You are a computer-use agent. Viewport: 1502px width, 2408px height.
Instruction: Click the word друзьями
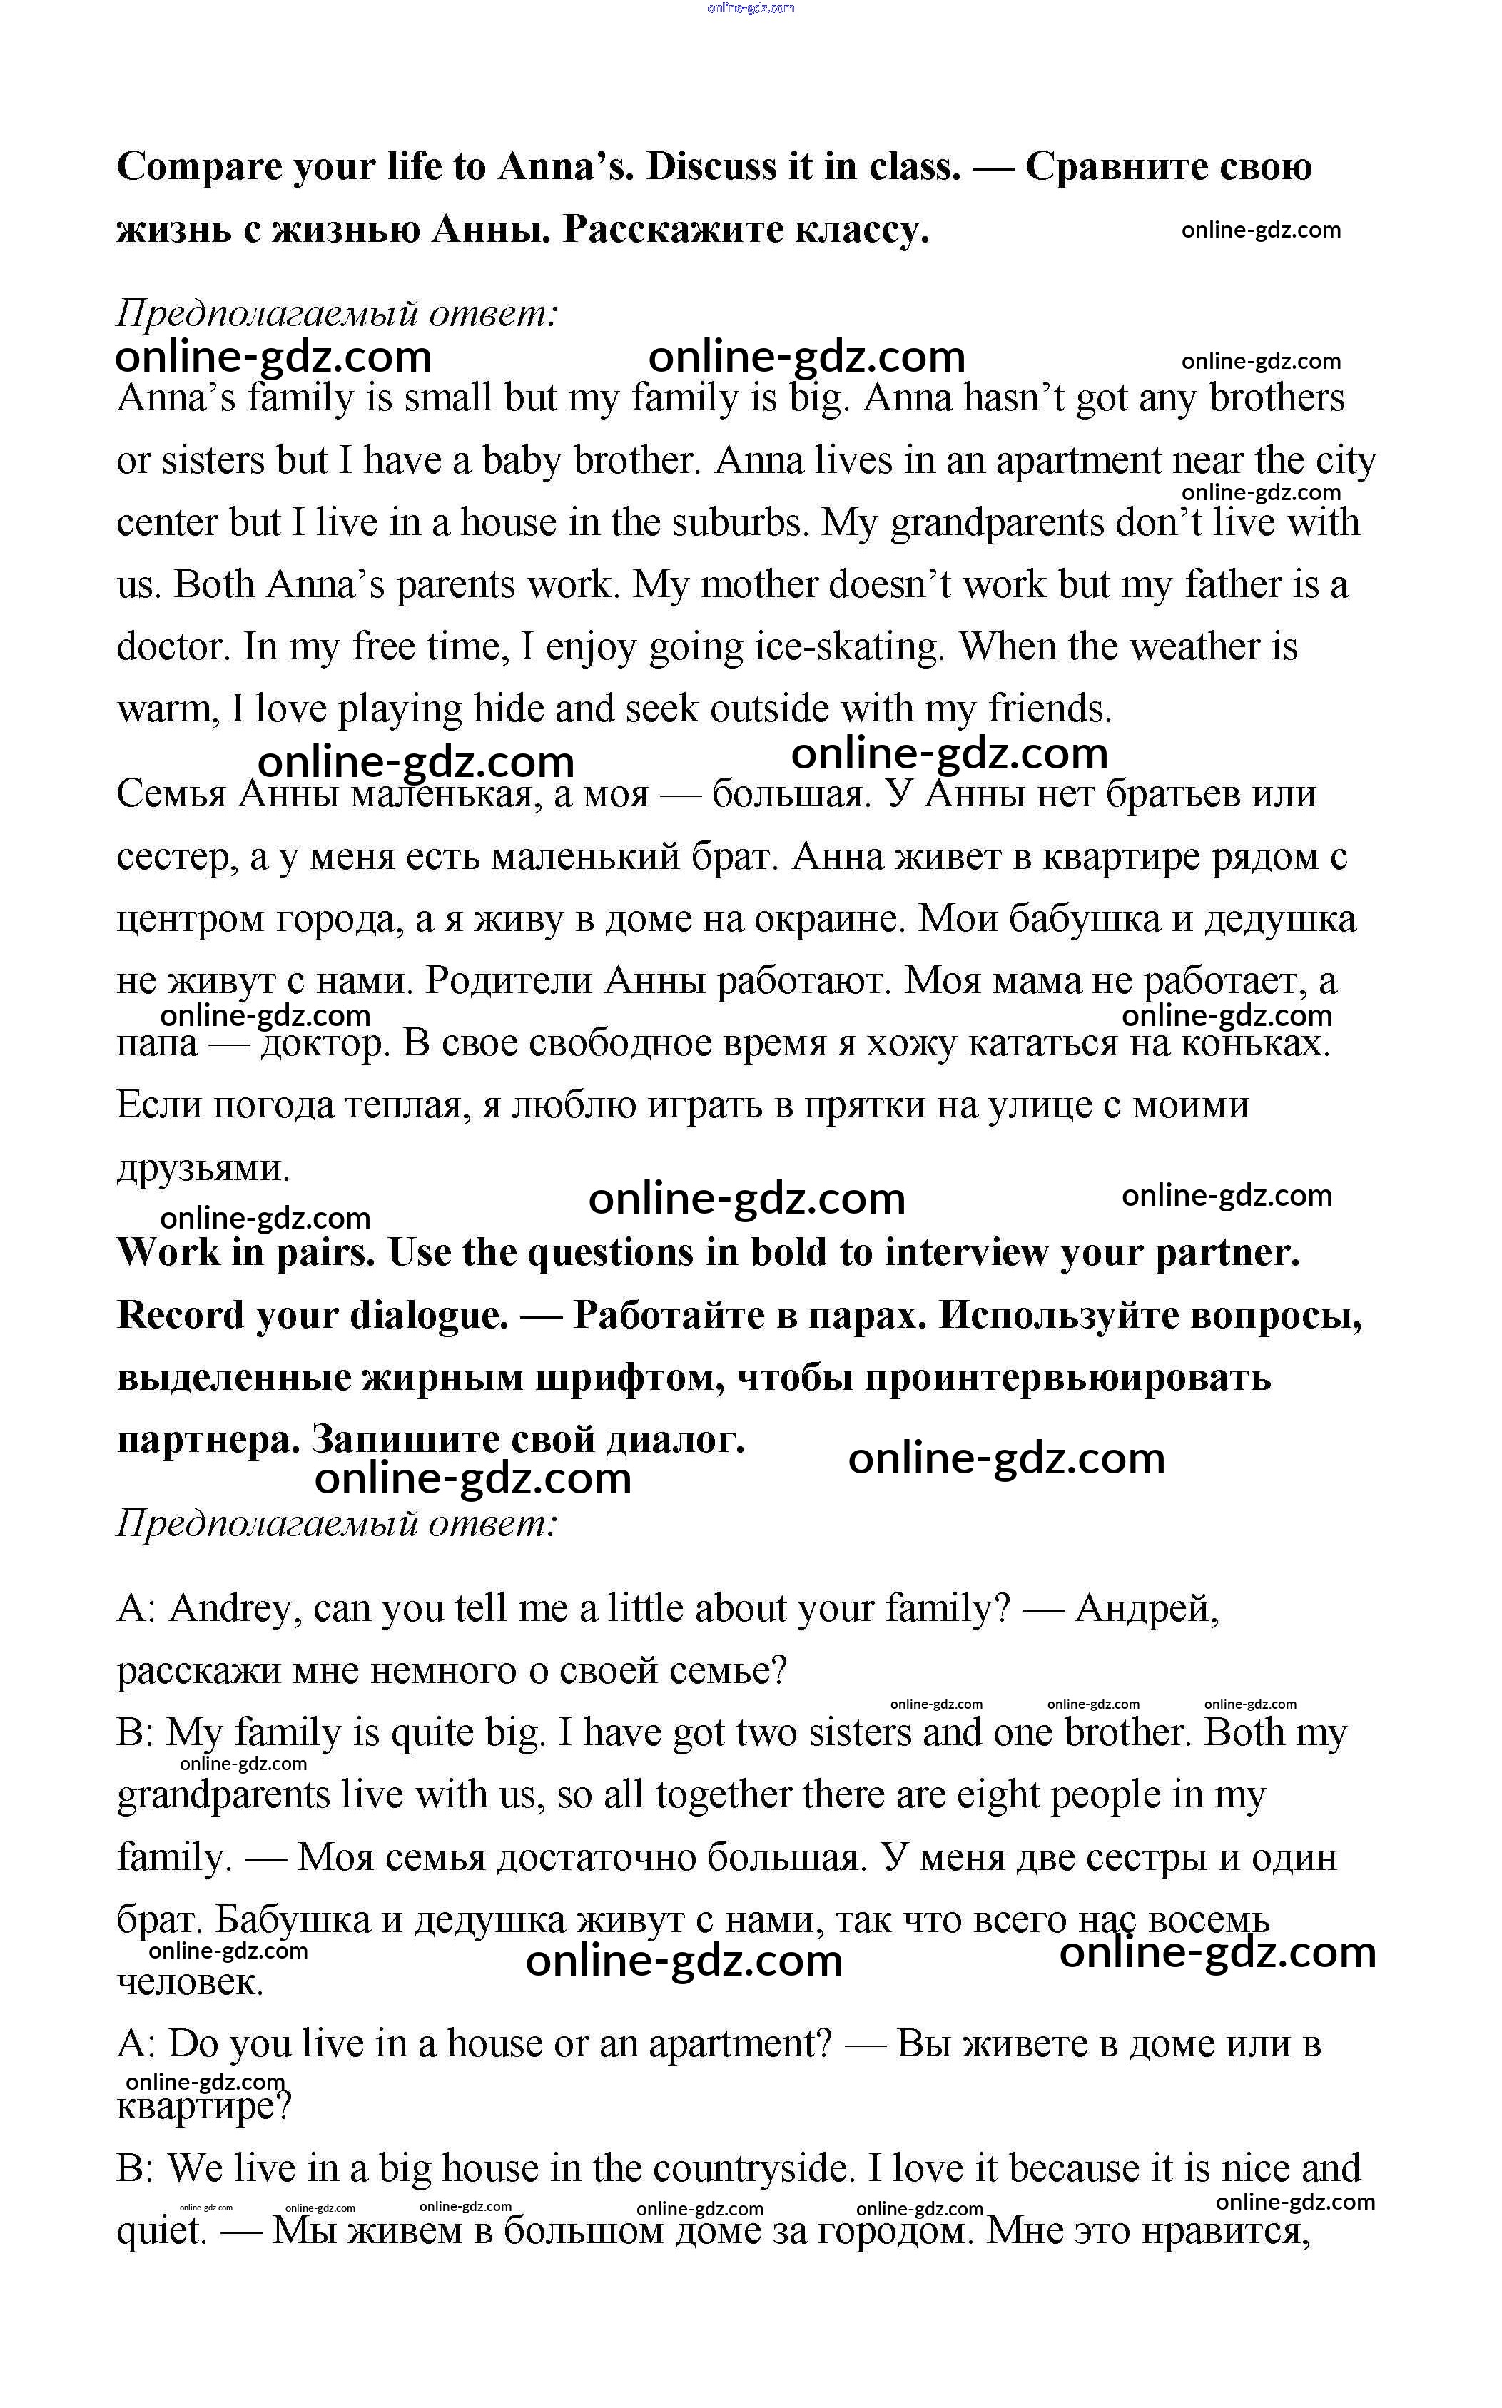203,1168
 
